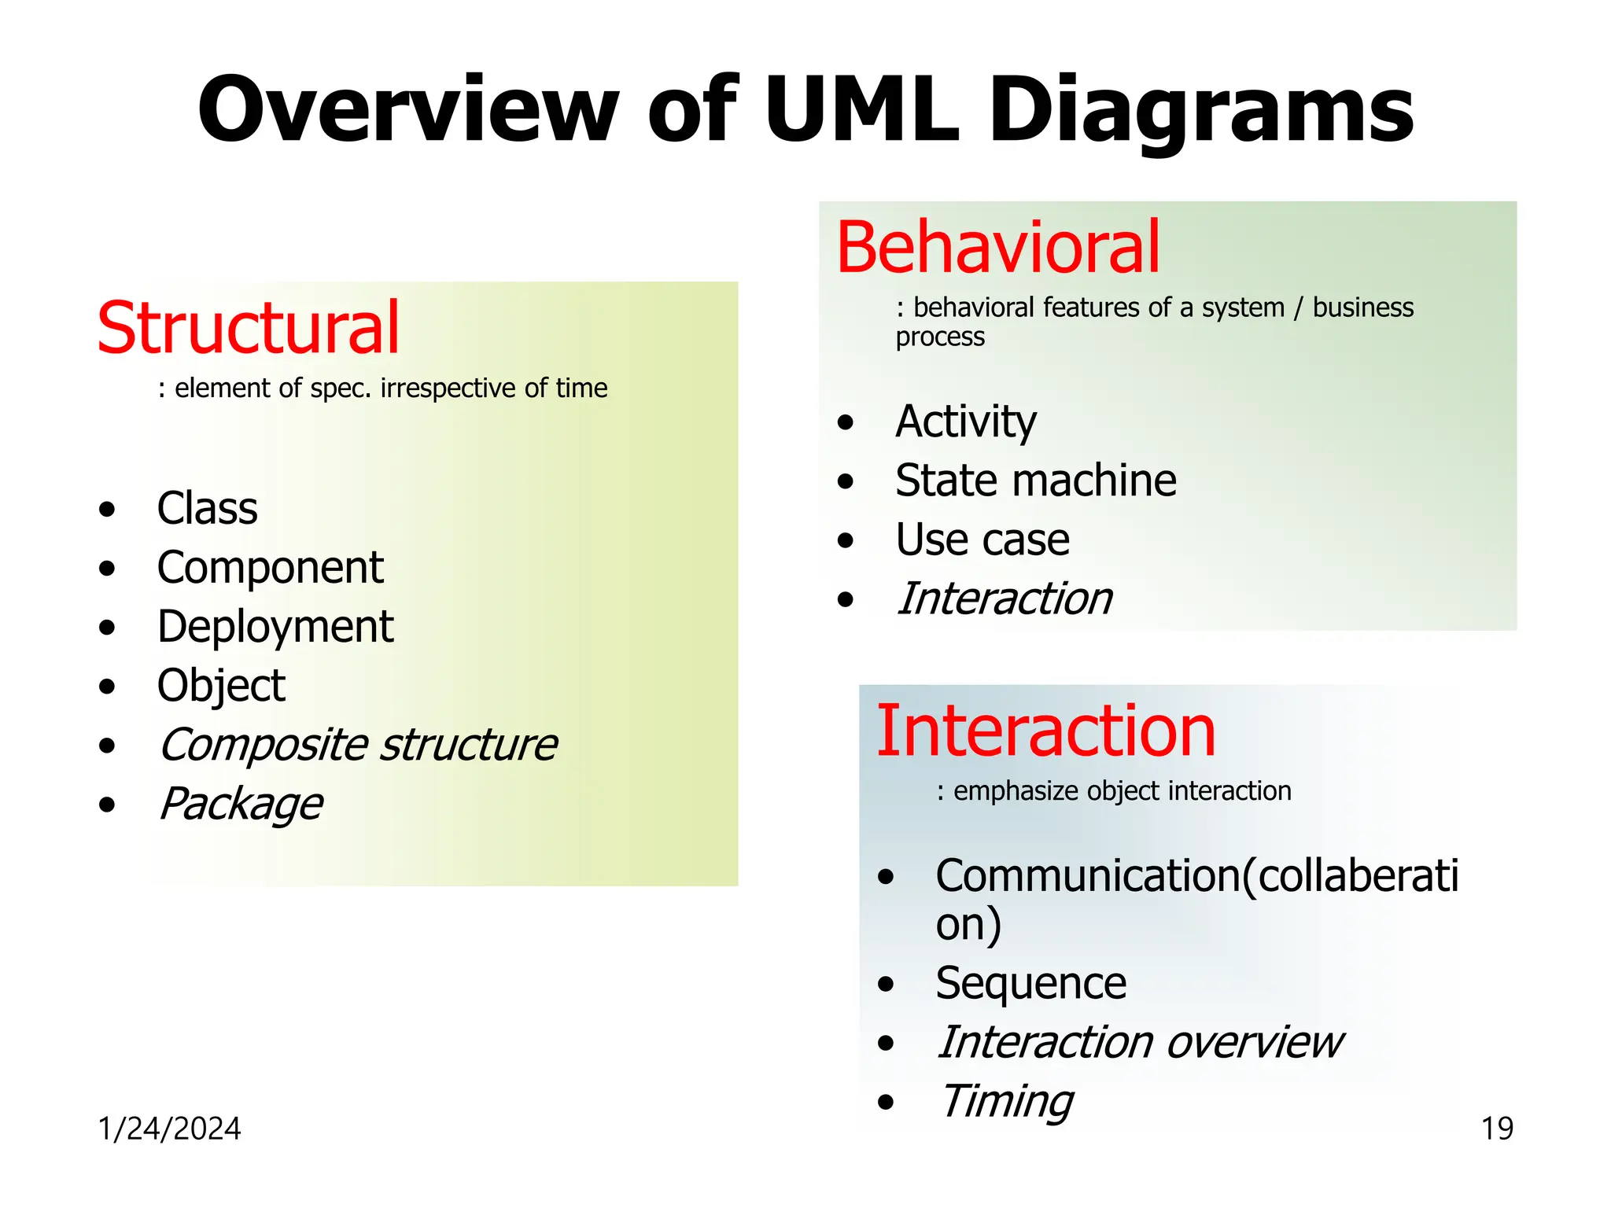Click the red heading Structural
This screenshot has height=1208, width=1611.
point(248,328)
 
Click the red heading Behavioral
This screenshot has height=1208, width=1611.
point(997,248)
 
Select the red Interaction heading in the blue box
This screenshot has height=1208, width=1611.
point(1045,731)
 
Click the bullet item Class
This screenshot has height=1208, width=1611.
point(207,508)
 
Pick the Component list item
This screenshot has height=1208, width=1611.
point(270,567)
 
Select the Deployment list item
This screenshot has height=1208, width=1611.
point(275,627)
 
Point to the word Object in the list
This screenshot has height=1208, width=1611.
point(220,686)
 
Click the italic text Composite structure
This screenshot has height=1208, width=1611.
point(358,745)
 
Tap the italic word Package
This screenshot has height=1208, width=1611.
point(241,804)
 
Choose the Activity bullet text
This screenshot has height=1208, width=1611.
point(966,422)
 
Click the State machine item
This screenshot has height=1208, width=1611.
point(1035,481)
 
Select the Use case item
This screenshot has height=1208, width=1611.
point(982,540)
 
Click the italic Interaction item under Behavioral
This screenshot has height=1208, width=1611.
point(1005,599)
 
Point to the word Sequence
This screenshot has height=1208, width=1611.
point(1030,983)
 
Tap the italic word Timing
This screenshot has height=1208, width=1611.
point(1006,1101)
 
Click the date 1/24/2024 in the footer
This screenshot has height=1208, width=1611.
point(169,1129)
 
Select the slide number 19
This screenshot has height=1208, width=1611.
point(1497,1129)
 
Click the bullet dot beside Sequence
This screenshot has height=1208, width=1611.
point(887,985)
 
